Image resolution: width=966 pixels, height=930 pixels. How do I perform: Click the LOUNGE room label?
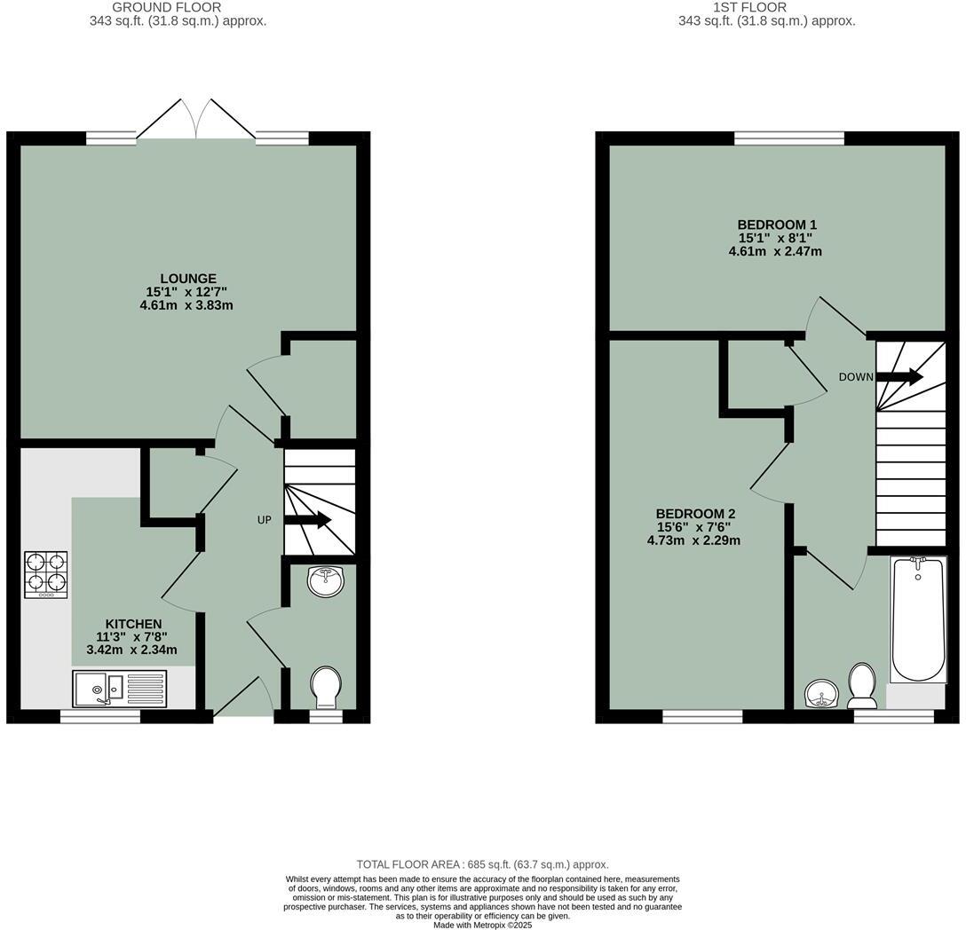click(x=188, y=279)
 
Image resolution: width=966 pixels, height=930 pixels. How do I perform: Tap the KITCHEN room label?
click(x=133, y=624)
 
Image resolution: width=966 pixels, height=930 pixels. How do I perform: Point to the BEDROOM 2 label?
click(x=695, y=514)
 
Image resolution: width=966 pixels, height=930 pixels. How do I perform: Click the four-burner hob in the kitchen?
click(x=46, y=574)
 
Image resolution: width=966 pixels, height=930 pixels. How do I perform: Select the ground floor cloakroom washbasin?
click(x=325, y=582)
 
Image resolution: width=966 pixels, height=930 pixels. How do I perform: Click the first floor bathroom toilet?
click(x=862, y=684)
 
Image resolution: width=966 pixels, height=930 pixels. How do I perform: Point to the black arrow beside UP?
click(x=307, y=520)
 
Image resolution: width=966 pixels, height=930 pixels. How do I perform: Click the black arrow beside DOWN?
click(x=899, y=377)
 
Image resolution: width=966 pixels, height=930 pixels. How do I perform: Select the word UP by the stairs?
click(x=264, y=520)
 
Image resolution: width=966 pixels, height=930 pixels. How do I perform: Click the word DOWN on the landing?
click(x=856, y=377)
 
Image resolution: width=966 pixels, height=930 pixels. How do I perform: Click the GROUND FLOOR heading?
click(x=167, y=7)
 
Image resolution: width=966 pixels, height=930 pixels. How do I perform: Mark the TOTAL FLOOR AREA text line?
click(x=482, y=864)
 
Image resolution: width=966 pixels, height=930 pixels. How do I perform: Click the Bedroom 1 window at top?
click(x=788, y=138)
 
